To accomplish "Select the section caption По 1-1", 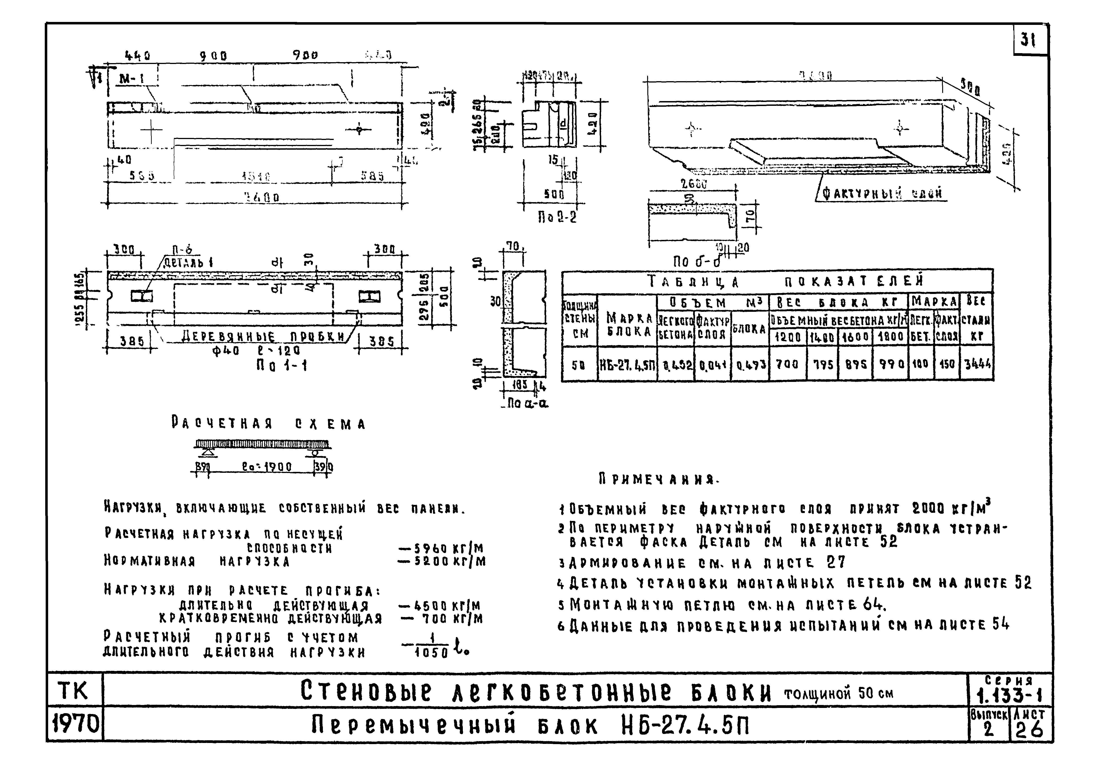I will pyautogui.click(x=282, y=366).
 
